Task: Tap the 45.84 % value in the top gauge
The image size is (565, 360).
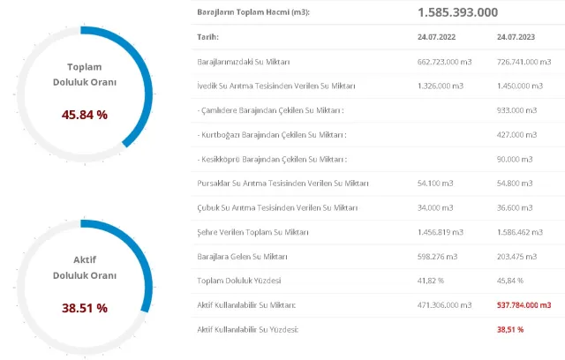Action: pyautogui.click(x=84, y=115)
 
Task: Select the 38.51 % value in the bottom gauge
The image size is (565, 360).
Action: pyautogui.click(x=84, y=308)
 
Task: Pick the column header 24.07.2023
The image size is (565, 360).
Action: pyautogui.click(x=516, y=38)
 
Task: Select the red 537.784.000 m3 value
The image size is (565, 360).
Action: pyautogui.click(x=524, y=304)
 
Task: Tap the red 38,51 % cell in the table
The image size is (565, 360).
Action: pyautogui.click(x=510, y=329)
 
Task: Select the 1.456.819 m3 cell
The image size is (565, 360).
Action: pyautogui.click(x=440, y=232)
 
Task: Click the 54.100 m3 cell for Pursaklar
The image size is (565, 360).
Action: pyautogui.click(x=433, y=184)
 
